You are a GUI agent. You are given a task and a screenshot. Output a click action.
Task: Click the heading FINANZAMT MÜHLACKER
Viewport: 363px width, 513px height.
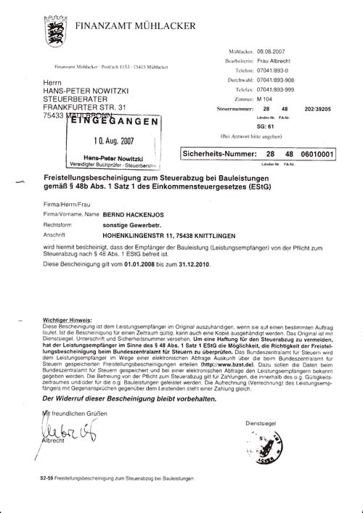pyautogui.click(x=134, y=26)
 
